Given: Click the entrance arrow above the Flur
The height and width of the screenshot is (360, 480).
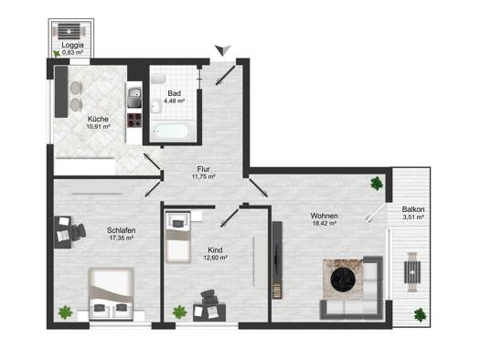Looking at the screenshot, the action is click(x=223, y=50).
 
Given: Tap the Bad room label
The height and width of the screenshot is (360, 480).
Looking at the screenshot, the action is click(x=175, y=93).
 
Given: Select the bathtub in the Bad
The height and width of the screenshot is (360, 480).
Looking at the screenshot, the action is click(x=170, y=132).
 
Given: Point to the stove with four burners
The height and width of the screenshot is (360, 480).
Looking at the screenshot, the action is click(x=134, y=120).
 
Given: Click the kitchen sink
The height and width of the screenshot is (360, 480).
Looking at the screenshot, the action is click(x=134, y=97).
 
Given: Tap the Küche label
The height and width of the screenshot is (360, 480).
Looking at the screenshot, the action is click(x=98, y=119).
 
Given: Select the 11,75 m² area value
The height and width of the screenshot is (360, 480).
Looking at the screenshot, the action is click(x=203, y=176).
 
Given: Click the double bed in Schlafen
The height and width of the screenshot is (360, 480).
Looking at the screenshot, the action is click(x=112, y=294).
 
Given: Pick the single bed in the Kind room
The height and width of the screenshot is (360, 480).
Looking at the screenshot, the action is click(x=178, y=237).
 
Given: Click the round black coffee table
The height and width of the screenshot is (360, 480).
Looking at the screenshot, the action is click(x=343, y=279).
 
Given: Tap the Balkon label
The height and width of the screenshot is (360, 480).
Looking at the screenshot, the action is click(x=413, y=209).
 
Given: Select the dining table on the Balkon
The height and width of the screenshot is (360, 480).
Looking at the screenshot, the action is click(x=412, y=271).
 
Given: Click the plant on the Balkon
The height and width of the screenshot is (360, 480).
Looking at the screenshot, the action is click(x=420, y=314).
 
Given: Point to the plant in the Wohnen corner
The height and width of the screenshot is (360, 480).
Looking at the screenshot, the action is click(x=376, y=184).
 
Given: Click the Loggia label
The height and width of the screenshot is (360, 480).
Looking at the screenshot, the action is click(x=72, y=45).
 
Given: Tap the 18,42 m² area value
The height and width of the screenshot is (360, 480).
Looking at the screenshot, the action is click(x=325, y=224).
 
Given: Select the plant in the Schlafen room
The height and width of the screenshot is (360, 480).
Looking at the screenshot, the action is click(x=65, y=312).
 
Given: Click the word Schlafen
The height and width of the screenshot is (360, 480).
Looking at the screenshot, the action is click(x=122, y=230).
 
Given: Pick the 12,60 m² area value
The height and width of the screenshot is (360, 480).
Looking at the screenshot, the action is click(x=215, y=258).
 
